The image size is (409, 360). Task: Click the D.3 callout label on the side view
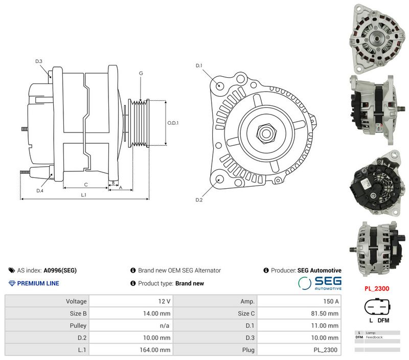(x=39, y=61)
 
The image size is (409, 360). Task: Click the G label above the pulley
(x=141, y=73)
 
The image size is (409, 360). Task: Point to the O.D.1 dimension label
(x=173, y=123)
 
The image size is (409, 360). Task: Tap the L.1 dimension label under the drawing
(x=83, y=195)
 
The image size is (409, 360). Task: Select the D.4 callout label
(x=40, y=191)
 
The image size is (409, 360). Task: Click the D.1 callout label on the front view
(x=199, y=65)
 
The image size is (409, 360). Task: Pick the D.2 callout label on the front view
(x=199, y=200)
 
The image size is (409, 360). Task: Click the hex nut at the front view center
(x=266, y=133)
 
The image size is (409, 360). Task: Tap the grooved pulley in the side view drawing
(x=139, y=123)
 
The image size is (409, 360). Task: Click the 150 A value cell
(x=331, y=301)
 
